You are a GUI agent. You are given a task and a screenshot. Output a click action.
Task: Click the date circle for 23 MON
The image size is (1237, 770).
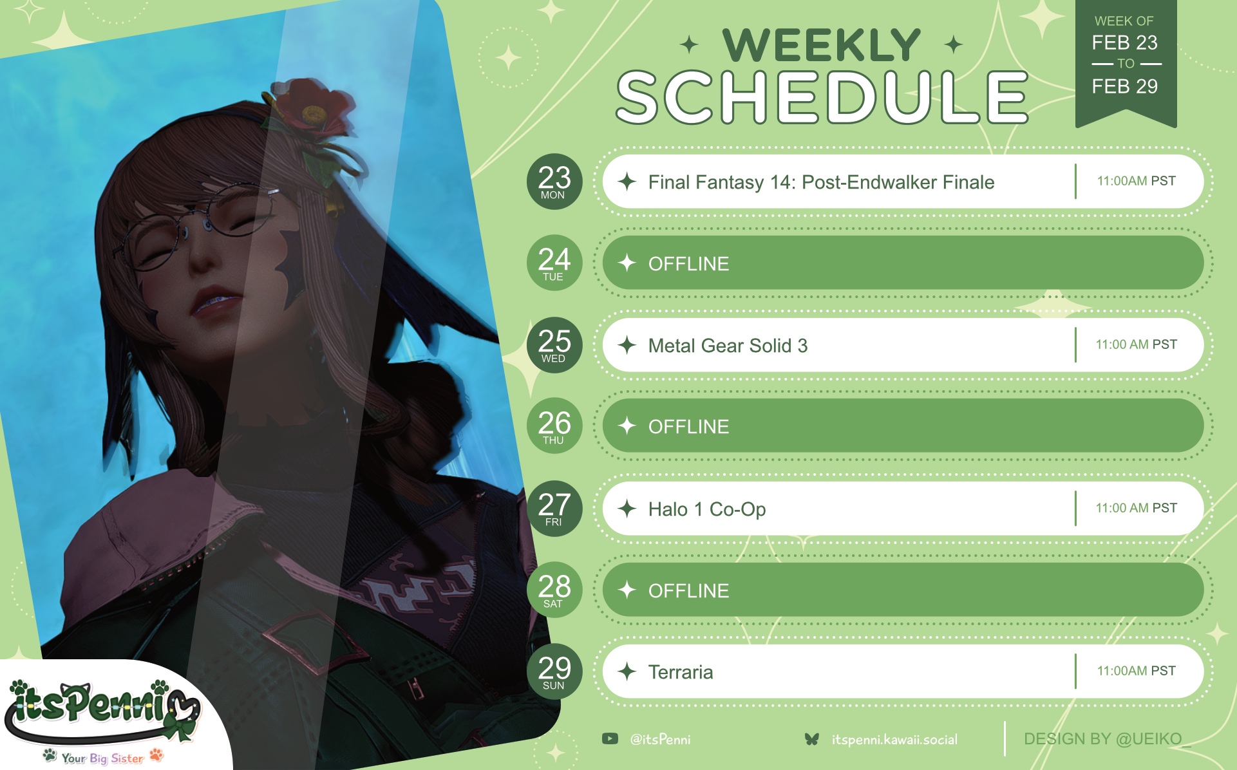coord(554,182)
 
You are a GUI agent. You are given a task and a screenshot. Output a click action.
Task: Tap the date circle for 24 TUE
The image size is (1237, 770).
coord(554,263)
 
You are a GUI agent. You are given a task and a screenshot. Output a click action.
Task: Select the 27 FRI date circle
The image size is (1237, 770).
coord(554,509)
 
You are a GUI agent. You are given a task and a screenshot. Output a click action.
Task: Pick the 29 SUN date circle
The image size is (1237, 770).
coord(554,671)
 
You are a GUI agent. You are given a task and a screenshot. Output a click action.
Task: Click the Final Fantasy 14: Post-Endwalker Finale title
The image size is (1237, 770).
coord(821,183)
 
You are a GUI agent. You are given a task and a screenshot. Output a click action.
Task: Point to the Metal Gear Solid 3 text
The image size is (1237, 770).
coord(728,346)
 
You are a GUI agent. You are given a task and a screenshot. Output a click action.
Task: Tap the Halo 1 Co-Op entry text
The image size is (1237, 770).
coord(707,509)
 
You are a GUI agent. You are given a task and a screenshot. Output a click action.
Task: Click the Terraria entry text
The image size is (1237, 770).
coord(681,672)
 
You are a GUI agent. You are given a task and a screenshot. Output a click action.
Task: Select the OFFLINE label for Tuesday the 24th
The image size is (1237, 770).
coord(688,264)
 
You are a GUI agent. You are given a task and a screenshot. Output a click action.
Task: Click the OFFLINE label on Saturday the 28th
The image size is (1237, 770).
coord(688,591)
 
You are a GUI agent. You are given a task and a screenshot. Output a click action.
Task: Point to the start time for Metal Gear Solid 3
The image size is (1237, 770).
coord(1136,344)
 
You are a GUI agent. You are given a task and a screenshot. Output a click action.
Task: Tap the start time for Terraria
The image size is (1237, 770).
coord(1136,671)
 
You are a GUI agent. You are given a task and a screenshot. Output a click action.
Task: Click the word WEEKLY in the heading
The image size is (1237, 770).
coord(822,45)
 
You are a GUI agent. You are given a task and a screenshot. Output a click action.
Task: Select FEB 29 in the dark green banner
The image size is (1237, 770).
coord(1125,86)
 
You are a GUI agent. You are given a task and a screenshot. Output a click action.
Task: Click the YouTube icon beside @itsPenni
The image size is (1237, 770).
coord(610,739)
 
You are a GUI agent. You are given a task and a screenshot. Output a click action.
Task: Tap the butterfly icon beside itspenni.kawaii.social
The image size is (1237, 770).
coord(812,739)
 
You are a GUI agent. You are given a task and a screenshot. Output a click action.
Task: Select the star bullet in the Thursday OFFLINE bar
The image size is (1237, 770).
coord(627,426)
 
